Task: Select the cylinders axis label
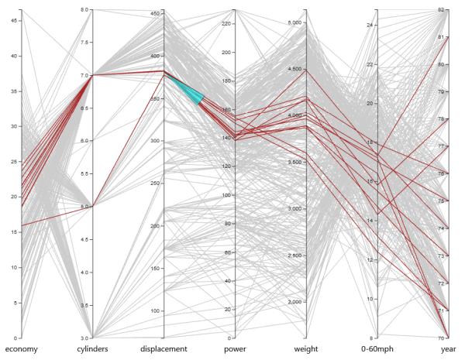pos(92,349)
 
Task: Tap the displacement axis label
pos(164,349)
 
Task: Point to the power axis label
pos(235,349)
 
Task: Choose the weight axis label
pos(306,349)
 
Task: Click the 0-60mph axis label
pos(377,349)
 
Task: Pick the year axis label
pos(449,349)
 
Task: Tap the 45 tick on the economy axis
pos(13,21)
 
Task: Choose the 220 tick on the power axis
pos(226,24)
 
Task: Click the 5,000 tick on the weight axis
pos(294,23)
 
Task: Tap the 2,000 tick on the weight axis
pos(294,302)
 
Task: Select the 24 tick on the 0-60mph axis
pos(370,26)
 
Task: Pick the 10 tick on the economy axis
pos(13,267)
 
